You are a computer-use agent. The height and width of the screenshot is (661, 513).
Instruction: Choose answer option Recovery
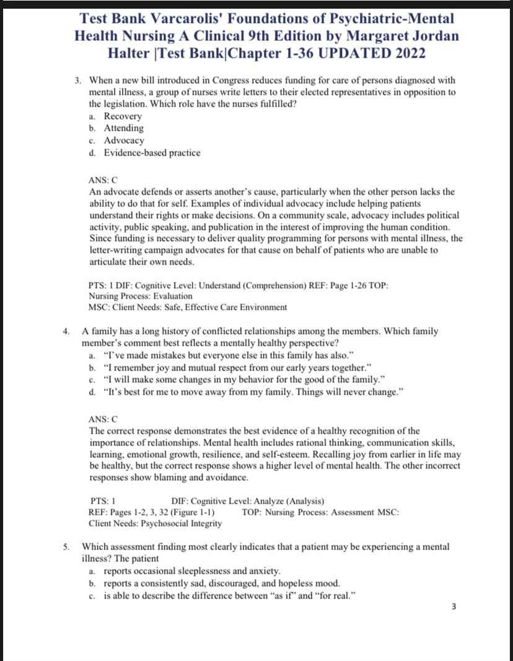coord(123,116)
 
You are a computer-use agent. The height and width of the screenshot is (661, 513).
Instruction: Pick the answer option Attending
coord(124,128)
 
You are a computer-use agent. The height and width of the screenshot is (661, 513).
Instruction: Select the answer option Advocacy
coord(124,141)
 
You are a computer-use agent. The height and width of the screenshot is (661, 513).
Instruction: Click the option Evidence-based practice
coord(152,153)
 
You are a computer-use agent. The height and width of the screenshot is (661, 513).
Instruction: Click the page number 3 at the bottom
coord(454,606)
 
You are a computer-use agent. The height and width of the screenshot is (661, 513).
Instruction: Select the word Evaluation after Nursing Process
coord(171,296)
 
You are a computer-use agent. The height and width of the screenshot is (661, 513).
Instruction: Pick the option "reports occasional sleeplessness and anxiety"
coord(192,571)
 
